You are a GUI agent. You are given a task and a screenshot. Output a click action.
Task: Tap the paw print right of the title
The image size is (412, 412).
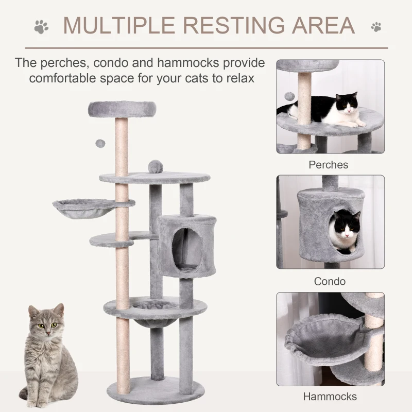376,25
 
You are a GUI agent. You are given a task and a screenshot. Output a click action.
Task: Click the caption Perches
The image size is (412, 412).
329,165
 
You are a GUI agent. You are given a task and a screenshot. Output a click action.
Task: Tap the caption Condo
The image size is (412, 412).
330,282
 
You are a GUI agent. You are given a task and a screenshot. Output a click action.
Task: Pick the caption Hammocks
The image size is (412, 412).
330,397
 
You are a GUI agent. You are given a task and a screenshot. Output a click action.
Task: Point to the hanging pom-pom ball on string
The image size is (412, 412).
98,142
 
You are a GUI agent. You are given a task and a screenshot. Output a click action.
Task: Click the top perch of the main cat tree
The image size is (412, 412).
123,108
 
